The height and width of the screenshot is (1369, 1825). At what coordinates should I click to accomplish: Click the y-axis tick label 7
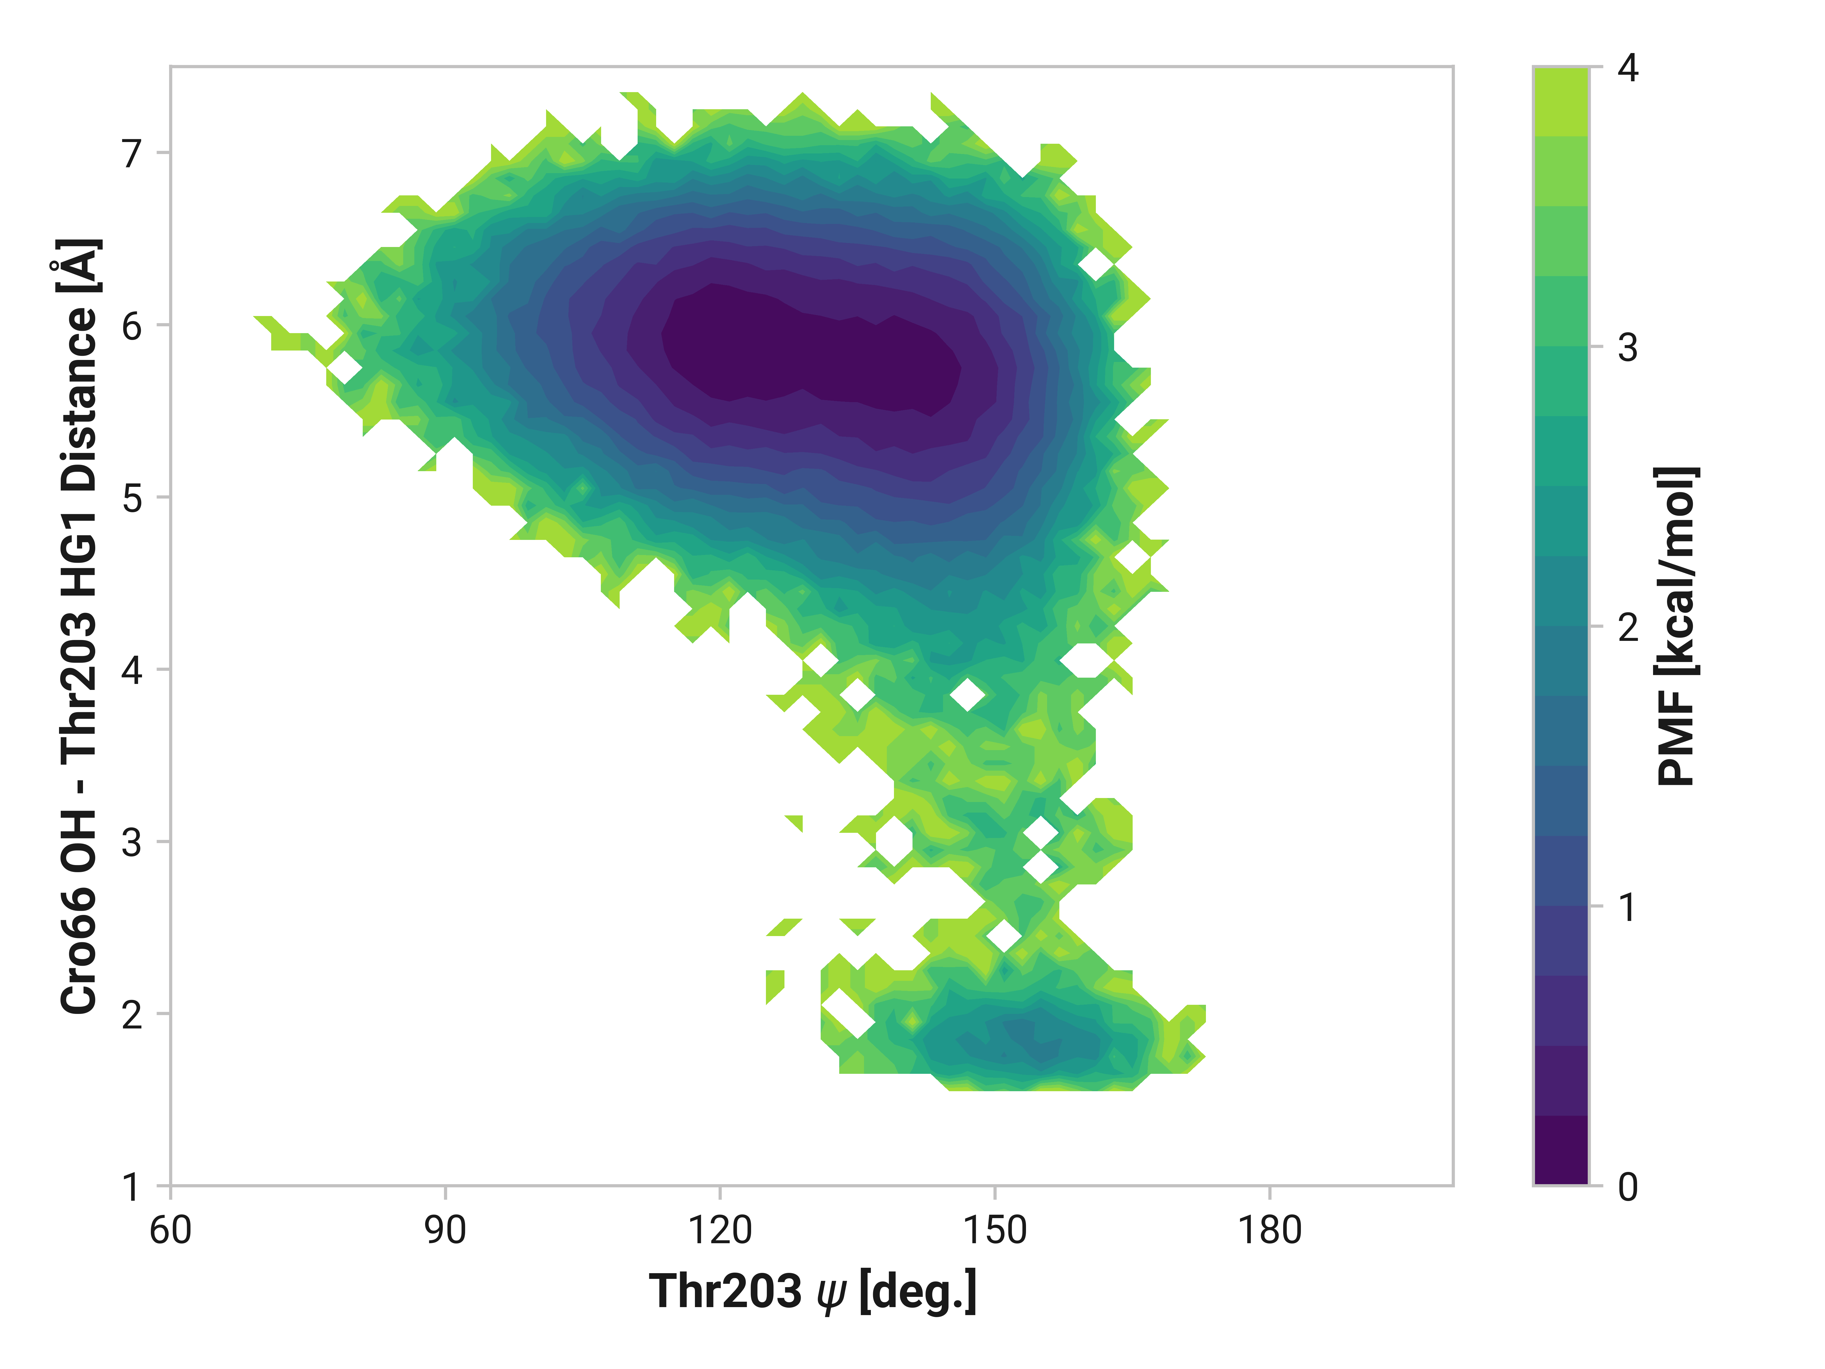pyautogui.click(x=132, y=153)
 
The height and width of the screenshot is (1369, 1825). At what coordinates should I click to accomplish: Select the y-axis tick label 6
pyautogui.click(x=132, y=326)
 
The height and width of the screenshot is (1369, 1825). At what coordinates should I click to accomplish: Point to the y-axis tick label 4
pyautogui.click(x=132, y=670)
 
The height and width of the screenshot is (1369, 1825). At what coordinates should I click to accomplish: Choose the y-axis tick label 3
pyautogui.click(x=132, y=843)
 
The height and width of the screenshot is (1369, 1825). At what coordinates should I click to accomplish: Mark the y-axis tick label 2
pyautogui.click(x=132, y=1014)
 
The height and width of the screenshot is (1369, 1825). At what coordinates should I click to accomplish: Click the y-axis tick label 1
pyautogui.click(x=132, y=1187)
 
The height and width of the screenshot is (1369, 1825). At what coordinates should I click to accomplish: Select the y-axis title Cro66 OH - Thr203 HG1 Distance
pyautogui.click(x=80, y=625)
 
